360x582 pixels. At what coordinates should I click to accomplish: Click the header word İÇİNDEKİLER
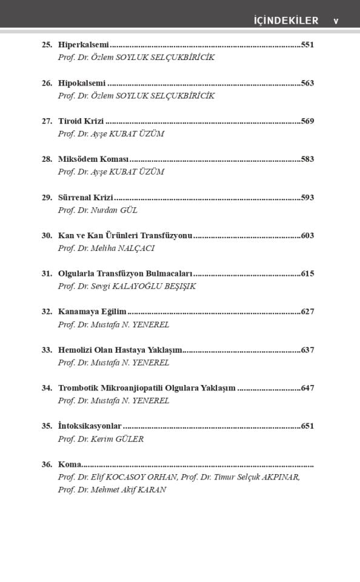pyautogui.click(x=286, y=21)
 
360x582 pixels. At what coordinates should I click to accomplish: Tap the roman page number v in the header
pyautogui.click(x=336, y=21)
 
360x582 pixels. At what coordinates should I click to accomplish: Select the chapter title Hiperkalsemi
pyautogui.click(x=84, y=45)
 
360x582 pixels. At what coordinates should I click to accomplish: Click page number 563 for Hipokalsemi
pyautogui.click(x=307, y=83)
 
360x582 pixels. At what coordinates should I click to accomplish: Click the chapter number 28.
pyautogui.click(x=47, y=159)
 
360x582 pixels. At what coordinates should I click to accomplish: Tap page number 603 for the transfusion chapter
pyautogui.click(x=307, y=236)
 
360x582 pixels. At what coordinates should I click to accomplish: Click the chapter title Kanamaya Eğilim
pyautogui.click(x=92, y=312)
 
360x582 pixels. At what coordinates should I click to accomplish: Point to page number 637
pyautogui.click(x=307, y=350)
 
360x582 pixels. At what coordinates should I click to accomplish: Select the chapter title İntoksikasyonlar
pyautogui.click(x=90, y=426)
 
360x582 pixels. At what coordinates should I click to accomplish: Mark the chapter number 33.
pyautogui.click(x=47, y=350)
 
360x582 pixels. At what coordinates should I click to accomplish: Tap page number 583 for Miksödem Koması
pyautogui.click(x=307, y=159)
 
